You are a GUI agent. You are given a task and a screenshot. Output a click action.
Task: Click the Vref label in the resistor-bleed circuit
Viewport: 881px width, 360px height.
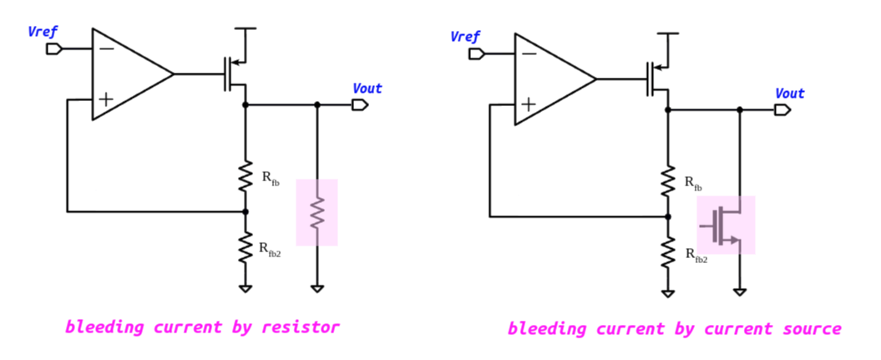[43, 32]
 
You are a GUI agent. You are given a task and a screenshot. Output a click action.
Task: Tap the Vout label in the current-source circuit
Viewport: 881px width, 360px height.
[789, 93]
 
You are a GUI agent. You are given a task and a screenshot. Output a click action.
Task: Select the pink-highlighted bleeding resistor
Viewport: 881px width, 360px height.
[316, 212]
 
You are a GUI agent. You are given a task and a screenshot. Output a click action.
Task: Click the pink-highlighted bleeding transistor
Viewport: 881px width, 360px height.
[726, 226]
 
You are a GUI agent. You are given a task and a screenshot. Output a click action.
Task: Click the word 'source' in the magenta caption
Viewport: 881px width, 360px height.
[808, 329]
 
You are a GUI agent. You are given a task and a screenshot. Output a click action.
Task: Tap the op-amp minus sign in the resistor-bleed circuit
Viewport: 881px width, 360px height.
[106, 48]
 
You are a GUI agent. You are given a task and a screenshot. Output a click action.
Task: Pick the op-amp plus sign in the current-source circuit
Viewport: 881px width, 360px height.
[529, 104]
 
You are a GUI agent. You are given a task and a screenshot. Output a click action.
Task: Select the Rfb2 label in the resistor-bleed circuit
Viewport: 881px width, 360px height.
[269, 249]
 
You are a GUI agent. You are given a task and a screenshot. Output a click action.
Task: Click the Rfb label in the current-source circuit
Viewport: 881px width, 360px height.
[692, 182]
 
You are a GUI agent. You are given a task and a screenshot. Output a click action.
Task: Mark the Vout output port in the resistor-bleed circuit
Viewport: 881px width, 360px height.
[360, 104]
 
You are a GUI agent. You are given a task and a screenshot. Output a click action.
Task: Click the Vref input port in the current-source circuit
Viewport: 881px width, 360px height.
[476, 54]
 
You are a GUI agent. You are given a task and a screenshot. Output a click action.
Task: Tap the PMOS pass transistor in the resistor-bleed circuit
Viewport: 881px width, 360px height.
[234, 74]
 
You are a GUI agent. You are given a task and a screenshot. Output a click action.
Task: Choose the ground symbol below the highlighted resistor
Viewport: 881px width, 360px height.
[316, 288]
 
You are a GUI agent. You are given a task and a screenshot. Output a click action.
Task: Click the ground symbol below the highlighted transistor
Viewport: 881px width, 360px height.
[739, 292]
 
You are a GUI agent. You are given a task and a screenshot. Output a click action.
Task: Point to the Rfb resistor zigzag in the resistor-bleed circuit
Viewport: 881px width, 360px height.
[246, 176]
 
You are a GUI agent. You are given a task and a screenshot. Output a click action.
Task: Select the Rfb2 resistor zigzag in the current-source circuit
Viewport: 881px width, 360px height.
[668, 251]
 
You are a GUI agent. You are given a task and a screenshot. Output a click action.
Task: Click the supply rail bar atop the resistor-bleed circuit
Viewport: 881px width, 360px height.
[246, 28]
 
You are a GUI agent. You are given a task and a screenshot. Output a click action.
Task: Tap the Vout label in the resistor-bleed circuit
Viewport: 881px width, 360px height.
[367, 88]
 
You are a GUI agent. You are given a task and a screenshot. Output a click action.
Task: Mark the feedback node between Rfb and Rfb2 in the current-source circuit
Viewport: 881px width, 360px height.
[668, 216]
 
